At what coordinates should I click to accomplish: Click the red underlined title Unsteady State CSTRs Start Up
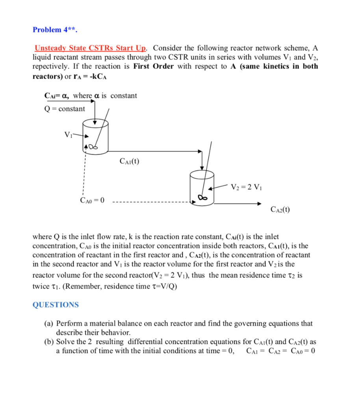coord(91,48)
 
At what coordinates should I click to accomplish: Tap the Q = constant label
coord(65,109)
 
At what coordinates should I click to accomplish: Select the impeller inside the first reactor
coord(92,147)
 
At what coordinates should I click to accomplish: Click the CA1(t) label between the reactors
coord(129,161)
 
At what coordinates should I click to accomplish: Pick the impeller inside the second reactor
coord(203,197)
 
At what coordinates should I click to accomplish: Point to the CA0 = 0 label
coord(92,201)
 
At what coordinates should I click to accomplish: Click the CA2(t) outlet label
coord(280,210)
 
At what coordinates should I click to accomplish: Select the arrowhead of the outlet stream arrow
coord(258,203)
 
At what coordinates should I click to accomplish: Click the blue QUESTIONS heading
coord(56,305)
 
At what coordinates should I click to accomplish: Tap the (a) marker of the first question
coord(49,324)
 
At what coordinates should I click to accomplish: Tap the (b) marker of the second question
coord(49,342)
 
